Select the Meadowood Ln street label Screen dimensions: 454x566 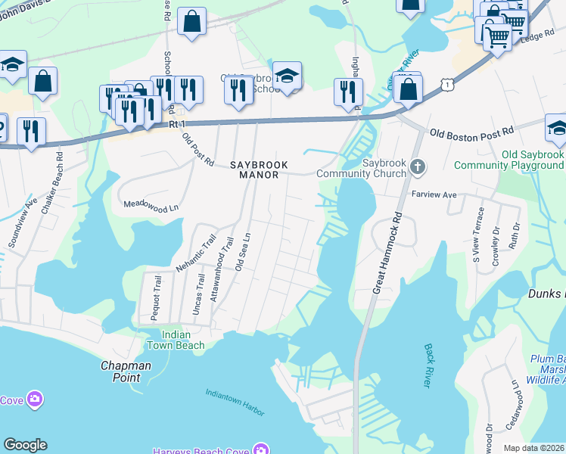click(151, 205)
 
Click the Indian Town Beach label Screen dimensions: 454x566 click(183, 340)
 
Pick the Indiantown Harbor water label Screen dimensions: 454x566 click(235, 402)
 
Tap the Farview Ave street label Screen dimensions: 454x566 click(434, 194)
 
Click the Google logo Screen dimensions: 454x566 click(25, 445)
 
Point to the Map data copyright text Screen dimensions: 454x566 click(534, 448)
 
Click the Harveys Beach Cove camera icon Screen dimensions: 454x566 click(261, 448)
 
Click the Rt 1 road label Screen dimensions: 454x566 click(178, 124)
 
